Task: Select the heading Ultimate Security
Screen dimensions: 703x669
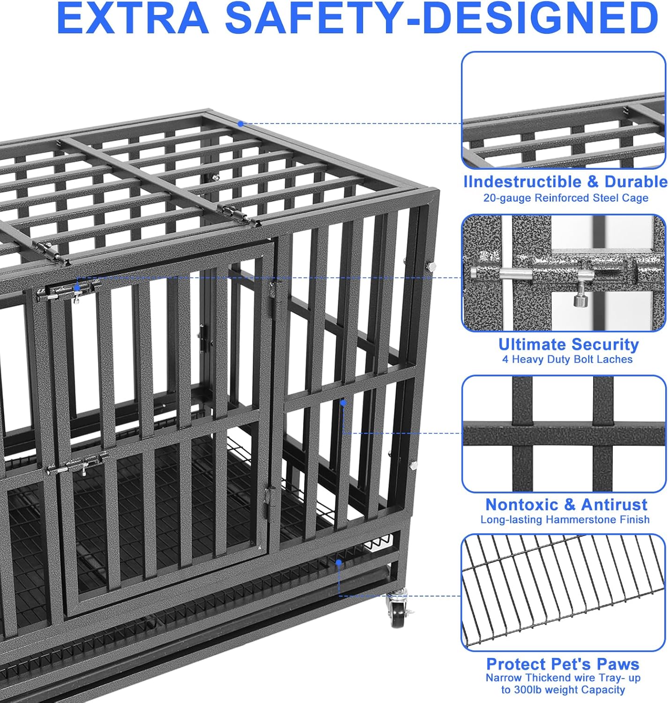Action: point(568,344)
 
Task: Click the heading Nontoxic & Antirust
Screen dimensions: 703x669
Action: point(566,505)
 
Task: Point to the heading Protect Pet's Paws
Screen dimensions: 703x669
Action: point(563,664)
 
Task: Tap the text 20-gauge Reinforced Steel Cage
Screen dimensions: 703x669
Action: point(565,198)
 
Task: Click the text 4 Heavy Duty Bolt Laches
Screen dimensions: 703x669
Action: point(567,359)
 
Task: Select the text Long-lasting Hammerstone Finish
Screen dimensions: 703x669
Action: point(565,519)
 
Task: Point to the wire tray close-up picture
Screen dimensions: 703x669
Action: point(564,592)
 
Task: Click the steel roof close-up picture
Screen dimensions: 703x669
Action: point(564,110)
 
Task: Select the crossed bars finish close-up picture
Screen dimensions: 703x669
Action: point(564,434)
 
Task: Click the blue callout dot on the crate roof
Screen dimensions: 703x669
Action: point(240,124)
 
